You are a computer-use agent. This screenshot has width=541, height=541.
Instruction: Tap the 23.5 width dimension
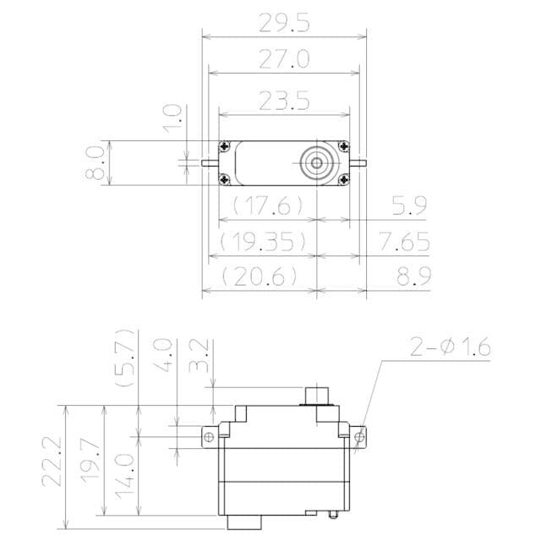click(285, 101)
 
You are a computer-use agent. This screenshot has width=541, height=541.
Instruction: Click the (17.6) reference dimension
click(263, 205)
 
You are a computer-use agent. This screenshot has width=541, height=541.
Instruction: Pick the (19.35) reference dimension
click(263, 243)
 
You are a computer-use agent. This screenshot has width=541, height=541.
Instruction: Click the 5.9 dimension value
click(409, 205)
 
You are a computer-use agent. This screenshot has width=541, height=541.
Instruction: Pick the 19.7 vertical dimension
click(90, 461)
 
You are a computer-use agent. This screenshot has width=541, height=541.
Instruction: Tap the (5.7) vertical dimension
click(125, 358)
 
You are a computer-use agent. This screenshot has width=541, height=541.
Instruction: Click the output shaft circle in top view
click(317, 162)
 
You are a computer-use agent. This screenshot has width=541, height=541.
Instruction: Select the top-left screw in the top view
click(224, 146)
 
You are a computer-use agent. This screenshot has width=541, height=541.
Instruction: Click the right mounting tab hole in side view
click(361, 437)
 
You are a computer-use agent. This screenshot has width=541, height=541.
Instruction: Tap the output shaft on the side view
click(317, 395)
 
